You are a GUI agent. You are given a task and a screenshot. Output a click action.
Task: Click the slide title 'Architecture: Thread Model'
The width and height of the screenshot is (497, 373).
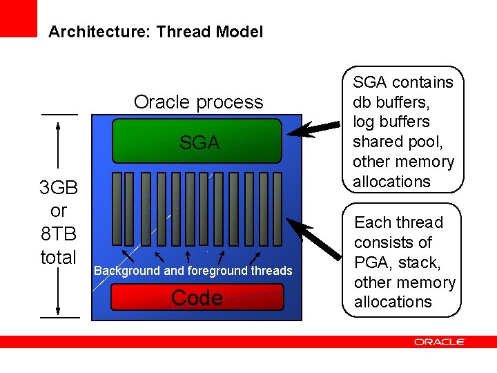coord(155,32)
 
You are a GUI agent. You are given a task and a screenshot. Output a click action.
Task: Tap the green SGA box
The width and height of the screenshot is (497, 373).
coord(197,142)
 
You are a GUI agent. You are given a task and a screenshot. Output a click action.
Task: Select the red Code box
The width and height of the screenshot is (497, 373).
coord(197,298)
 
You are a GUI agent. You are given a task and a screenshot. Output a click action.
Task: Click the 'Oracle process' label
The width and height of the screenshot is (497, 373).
coord(198,102)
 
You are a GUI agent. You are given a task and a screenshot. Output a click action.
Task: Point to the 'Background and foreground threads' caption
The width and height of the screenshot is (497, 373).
coord(193,271)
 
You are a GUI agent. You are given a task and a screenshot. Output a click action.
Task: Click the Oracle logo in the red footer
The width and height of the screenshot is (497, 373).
coord(440,342)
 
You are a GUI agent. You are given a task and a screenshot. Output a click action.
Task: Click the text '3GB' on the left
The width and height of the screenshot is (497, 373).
coord(59,188)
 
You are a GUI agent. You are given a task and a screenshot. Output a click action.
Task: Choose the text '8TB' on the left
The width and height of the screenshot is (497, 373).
coord(59,234)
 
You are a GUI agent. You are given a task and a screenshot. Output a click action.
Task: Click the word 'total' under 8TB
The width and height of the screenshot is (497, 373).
coord(59,258)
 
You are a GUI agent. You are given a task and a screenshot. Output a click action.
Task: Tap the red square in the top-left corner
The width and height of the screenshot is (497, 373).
coord(18,18)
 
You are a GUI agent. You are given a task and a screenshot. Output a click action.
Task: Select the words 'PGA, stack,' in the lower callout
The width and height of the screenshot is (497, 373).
coord(397,262)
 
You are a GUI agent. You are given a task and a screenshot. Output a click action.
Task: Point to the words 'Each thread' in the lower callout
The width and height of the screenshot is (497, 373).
coord(398,222)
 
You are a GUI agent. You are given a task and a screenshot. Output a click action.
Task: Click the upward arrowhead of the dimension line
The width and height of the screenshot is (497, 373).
coord(59,126)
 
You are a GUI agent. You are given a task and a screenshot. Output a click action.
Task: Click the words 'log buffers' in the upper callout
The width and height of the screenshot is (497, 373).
coord(391,122)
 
